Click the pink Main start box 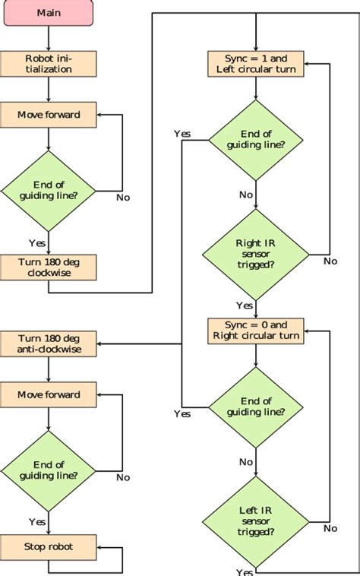[49, 13]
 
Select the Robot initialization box [49, 64]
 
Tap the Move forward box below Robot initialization [49, 116]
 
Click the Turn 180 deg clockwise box [49, 266]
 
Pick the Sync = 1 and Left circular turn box [255, 64]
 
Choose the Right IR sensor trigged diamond [255, 253]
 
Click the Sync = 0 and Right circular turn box [255, 330]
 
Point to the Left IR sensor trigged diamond [255, 522]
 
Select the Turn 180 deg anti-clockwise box [49, 343]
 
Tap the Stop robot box [49, 546]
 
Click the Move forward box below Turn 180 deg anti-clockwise [49, 395]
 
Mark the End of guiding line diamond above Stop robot [49, 470]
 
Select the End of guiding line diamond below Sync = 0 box [255, 407]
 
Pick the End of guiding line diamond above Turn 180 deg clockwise [49, 190]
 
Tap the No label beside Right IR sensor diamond [330, 261]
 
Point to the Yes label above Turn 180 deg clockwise [36, 242]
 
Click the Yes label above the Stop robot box [36, 522]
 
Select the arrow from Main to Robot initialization [49, 39]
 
